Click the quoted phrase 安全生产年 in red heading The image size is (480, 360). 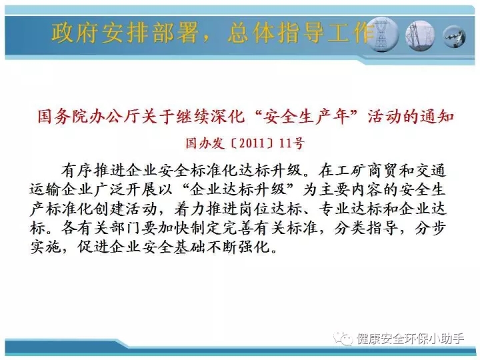point(307,117)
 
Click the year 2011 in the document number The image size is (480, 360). point(251,143)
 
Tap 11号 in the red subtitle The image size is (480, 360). point(292,143)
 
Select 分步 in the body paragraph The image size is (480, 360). point(431,228)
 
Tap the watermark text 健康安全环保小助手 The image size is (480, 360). point(410,339)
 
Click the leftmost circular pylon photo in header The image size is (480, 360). point(382,35)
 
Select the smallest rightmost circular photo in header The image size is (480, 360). point(455,37)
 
